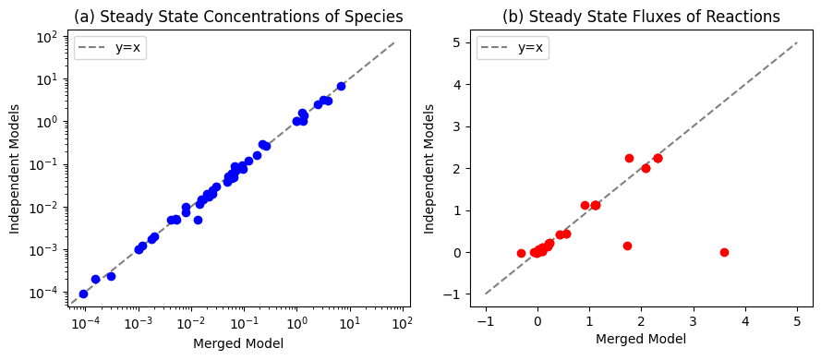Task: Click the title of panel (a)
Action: click(239, 17)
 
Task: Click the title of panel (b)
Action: click(642, 17)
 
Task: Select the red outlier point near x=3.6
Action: click(724, 252)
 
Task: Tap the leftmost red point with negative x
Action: click(521, 253)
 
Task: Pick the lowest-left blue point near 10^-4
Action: click(83, 294)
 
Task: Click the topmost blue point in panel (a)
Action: click(341, 87)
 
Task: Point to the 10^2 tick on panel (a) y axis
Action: click(69, 37)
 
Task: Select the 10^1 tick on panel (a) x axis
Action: click(350, 308)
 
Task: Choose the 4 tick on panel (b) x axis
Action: click(745, 308)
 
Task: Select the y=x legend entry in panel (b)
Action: click(513, 49)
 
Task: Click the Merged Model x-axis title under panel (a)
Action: click(239, 343)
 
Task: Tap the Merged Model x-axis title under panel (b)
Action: click(642, 339)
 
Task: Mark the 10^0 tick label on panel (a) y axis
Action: click(52, 122)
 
